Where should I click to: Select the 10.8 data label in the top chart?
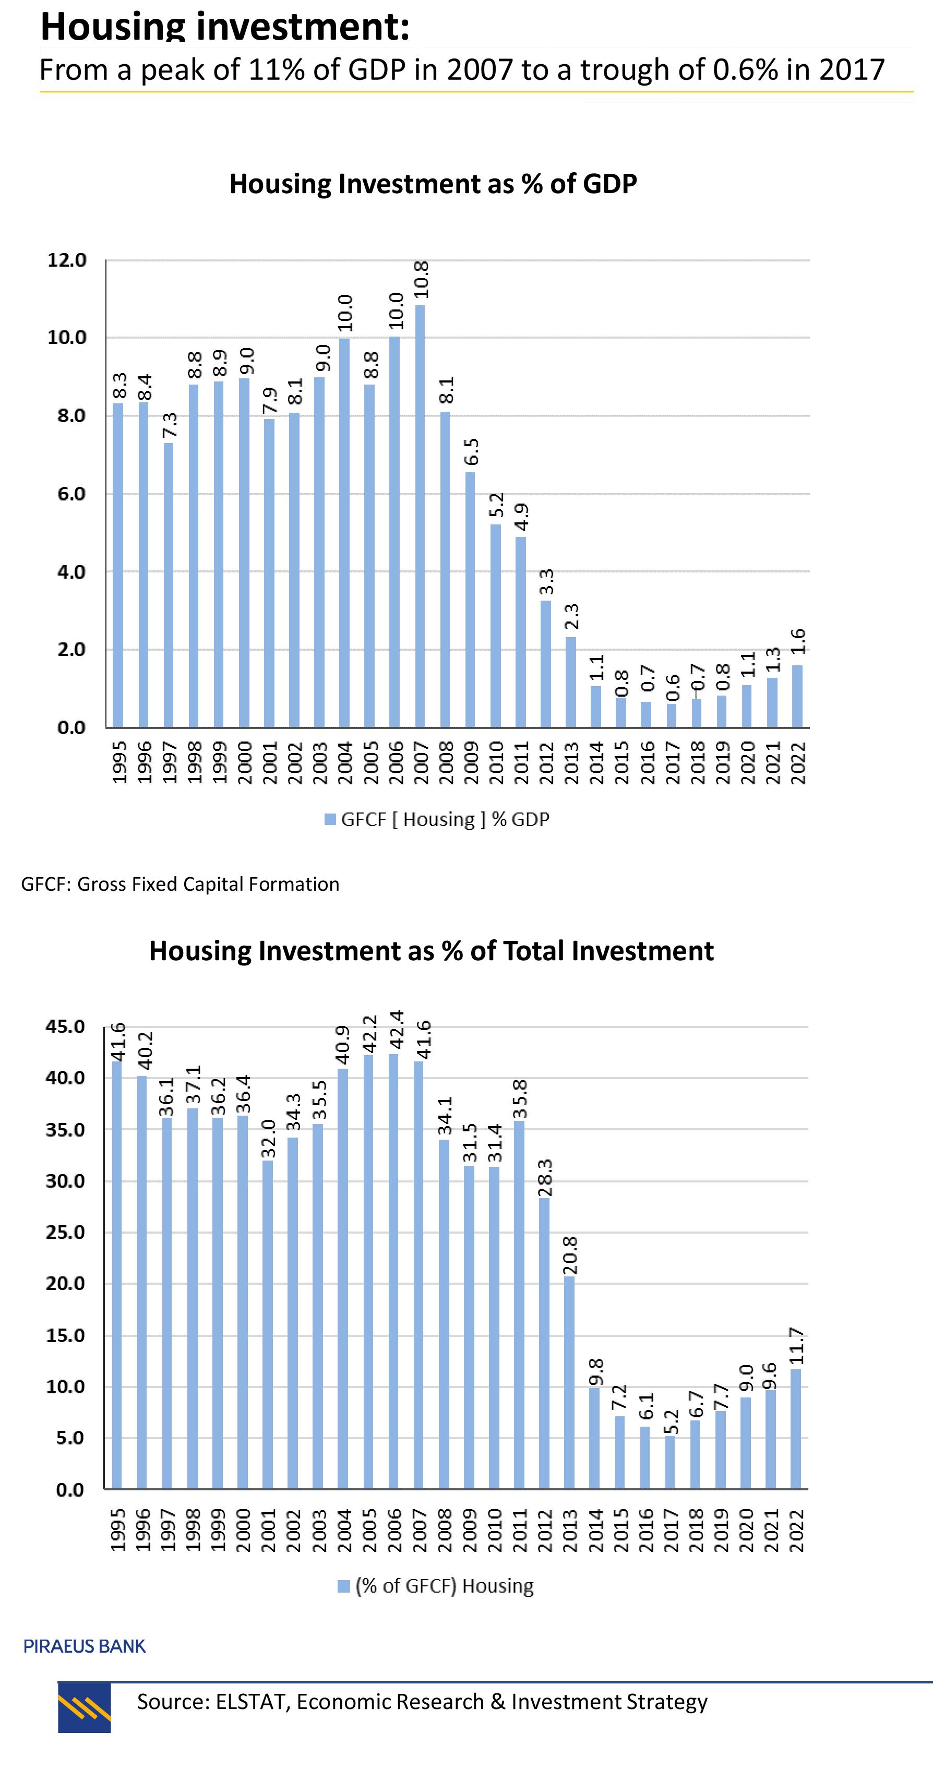coord(421,280)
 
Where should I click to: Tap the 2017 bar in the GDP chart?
coord(671,715)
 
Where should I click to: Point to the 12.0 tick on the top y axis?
coord(67,260)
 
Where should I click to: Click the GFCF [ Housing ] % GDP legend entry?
coord(437,819)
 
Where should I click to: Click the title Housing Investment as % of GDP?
coord(433,184)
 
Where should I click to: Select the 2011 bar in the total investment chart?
coord(519,1307)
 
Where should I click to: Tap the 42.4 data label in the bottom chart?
coord(396,1030)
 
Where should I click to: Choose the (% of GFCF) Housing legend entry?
coord(436,1585)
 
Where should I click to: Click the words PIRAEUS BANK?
coord(85,1646)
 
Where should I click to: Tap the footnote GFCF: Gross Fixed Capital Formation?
coord(180,884)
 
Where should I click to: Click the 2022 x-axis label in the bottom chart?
coord(797,1531)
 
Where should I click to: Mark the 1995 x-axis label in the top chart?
coord(119,762)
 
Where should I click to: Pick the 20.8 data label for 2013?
coord(569,1255)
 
